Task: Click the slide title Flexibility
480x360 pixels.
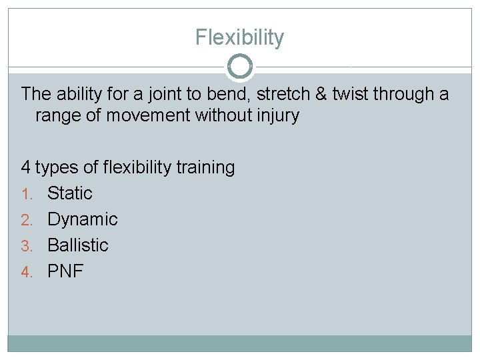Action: click(x=239, y=37)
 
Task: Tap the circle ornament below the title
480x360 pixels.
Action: click(x=240, y=67)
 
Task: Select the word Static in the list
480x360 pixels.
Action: click(x=70, y=193)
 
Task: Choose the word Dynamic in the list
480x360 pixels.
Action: click(x=83, y=219)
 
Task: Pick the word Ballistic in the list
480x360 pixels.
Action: click(x=78, y=245)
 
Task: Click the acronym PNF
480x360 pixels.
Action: click(x=65, y=271)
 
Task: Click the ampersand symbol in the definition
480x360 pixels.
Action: click(x=321, y=94)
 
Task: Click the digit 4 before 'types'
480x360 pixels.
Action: click(x=26, y=167)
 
